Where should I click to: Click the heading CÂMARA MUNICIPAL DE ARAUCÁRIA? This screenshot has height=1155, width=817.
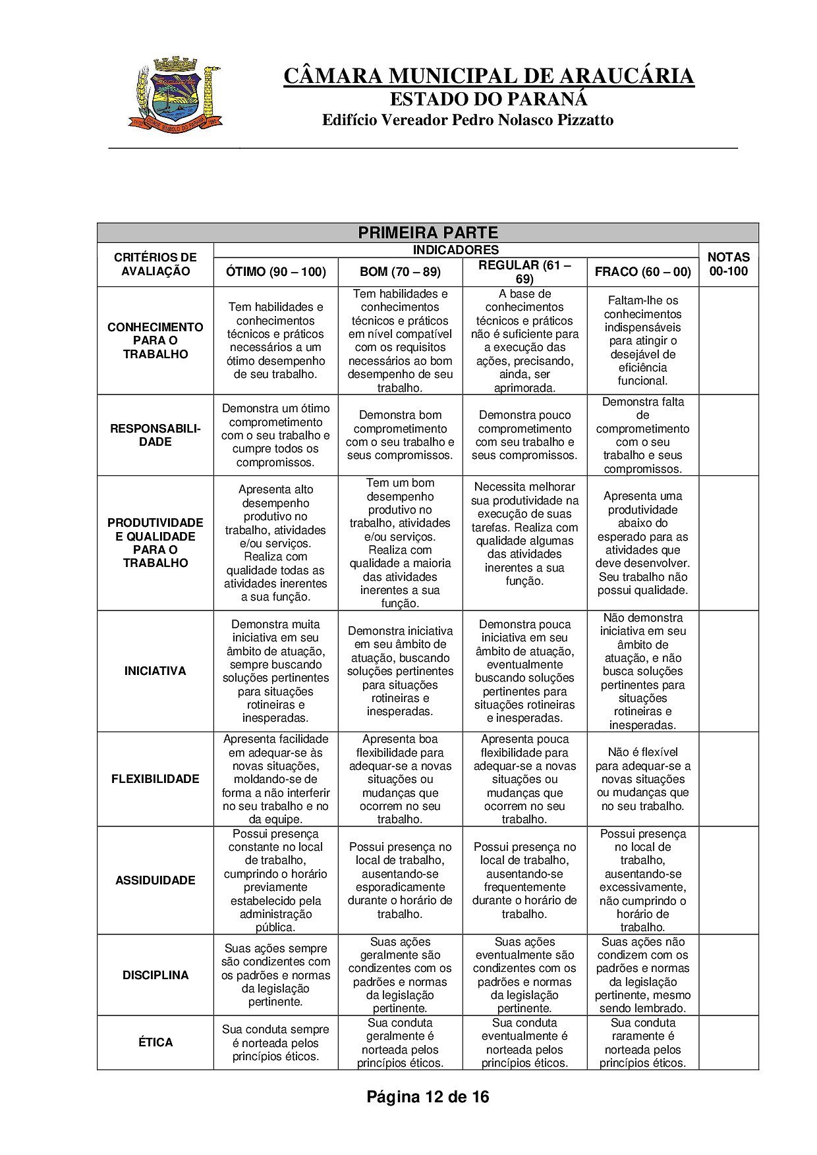(x=488, y=76)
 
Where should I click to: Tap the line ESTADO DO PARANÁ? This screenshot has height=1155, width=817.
(x=488, y=99)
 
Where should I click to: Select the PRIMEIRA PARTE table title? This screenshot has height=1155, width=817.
(x=428, y=232)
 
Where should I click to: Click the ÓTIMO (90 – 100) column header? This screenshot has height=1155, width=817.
(x=275, y=271)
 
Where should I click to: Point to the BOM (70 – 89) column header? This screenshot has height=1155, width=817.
(x=400, y=271)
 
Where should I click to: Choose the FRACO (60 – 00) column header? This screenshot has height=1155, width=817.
(x=642, y=271)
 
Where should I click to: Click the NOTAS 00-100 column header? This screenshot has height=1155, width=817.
(x=728, y=264)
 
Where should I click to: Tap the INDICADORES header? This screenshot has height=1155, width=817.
(x=455, y=250)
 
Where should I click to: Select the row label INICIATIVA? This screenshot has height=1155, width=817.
(x=155, y=671)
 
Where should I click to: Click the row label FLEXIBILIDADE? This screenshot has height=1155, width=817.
(x=155, y=779)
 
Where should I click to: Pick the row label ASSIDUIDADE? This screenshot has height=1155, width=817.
(x=155, y=880)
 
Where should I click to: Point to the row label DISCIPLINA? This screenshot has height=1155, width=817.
(x=155, y=975)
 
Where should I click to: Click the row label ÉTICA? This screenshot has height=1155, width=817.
(x=155, y=1042)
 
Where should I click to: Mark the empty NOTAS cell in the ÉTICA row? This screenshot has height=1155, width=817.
(x=728, y=1042)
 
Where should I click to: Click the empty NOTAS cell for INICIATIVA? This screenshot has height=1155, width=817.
(x=728, y=671)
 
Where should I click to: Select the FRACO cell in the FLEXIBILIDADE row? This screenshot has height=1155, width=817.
(x=642, y=779)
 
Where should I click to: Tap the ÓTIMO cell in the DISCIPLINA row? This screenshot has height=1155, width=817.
(x=275, y=975)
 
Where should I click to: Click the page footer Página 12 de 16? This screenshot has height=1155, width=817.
(x=428, y=1097)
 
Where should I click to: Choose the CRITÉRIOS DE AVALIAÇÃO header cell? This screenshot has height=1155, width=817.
(x=155, y=264)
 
